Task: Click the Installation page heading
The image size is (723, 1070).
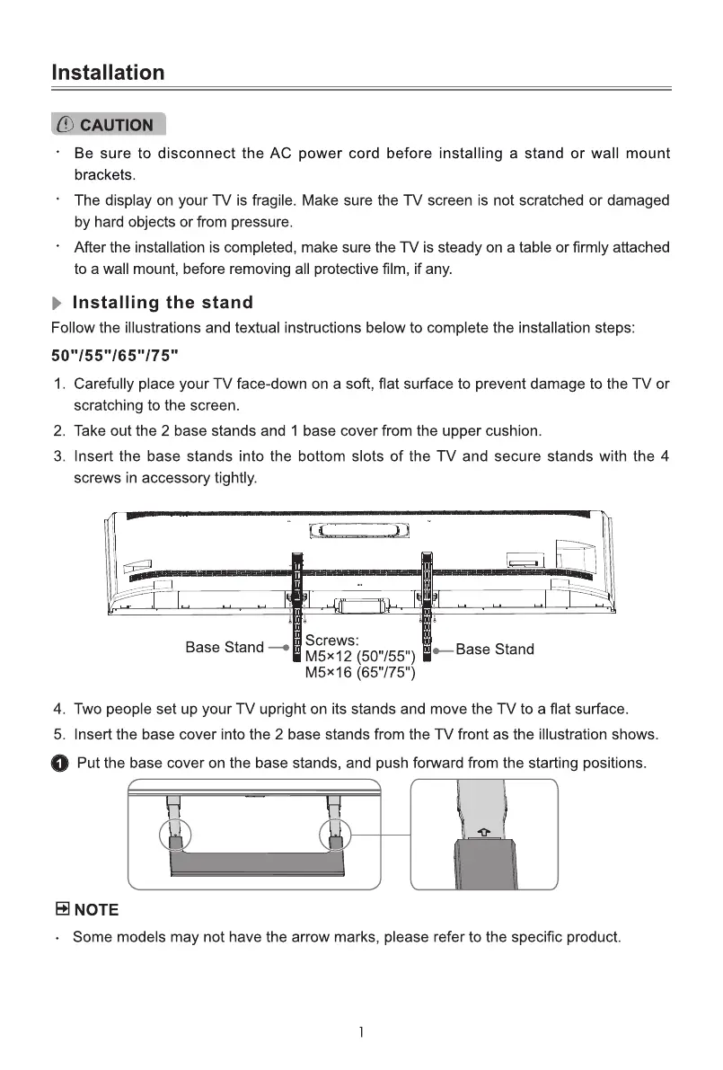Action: pyautogui.click(x=108, y=73)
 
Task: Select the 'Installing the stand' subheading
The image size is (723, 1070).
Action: pyautogui.click(x=163, y=303)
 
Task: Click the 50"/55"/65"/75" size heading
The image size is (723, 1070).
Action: pyautogui.click(x=116, y=354)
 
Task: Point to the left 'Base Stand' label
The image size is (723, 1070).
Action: pyautogui.click(x=225, y=647)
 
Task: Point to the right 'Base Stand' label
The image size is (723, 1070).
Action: pyautogui.click(x=495, y=649)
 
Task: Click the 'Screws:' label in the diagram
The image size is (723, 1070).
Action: pyautogui.click(x=332, y=641)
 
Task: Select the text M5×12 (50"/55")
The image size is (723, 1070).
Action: pyautogui.click(x=359, y=656)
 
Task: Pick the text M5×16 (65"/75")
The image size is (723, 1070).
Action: pyautogui.click(x=359, y=672)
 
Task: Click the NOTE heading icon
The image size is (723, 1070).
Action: pyautogui.click(x=62, y=910)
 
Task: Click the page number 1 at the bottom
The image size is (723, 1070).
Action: pyautogui.click(x=361, y=1031)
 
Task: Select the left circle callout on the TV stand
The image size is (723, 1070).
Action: pyautogui.click(x=176, y=835)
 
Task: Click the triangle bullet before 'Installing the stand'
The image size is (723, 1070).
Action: pyautogui.click(x=59, y=304)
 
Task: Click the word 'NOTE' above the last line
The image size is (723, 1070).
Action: pyautogui.click(x=96, y=910)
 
